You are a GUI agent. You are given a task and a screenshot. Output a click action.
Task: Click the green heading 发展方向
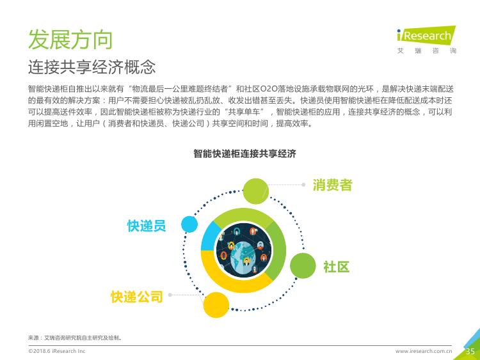click(x=70, y=40)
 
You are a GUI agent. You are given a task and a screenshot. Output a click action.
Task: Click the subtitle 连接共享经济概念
click(x=92, y=67)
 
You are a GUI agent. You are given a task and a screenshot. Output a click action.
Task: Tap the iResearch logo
click(x=426, y=40)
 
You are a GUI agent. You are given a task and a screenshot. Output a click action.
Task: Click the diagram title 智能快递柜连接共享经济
click(x=244, y=153)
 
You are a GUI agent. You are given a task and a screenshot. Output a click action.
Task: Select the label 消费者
click(x=332, y=185)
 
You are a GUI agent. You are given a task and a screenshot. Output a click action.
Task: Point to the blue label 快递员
click(x=147, y=226)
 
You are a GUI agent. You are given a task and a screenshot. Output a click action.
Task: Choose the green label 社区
click(x=337, y=267)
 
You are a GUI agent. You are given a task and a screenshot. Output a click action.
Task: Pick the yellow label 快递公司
click(x=137, y=297)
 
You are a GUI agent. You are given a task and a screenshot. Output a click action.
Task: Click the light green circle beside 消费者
click(x=255, y=191)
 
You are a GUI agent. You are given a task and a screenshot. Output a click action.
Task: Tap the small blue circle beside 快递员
click(x=189, y=224)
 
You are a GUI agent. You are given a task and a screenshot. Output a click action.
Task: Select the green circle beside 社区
click(x=303, y=266)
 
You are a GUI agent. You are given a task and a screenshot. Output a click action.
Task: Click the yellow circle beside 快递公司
click(x=216, y=305)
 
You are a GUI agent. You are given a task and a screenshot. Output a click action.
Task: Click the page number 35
click(x=470, y=351)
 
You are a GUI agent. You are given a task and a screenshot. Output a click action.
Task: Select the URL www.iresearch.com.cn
click(x=424, y=351)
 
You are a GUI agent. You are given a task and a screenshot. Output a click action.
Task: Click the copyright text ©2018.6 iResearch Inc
click(x=56, y=351)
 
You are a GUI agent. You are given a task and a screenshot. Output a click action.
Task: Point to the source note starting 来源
click(x=75, y=338)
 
